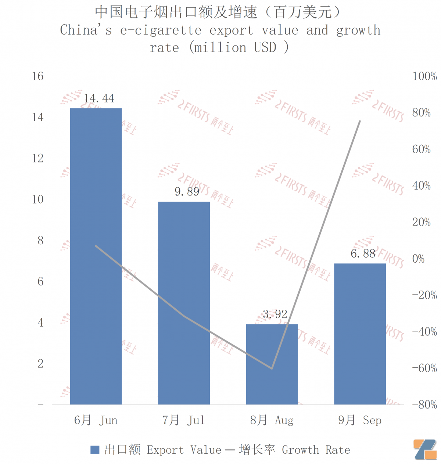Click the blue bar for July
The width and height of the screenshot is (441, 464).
point(184,303)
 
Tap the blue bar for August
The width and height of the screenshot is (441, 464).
point(272,364)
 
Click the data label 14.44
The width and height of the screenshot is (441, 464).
point(99,98)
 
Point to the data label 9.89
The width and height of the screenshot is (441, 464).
point(187,192)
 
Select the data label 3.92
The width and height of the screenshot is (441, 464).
point(275,314)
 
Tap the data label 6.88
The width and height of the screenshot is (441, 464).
point(363,254)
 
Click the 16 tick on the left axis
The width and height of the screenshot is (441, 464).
point(37,76)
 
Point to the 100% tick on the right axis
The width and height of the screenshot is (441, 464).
point(424,76)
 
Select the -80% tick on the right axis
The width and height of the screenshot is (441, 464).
point(424,405)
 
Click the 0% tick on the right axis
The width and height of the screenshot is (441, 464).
point(419,259)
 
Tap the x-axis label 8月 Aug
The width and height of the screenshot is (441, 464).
point(272,420)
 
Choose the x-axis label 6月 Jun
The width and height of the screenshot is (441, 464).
point(96,420)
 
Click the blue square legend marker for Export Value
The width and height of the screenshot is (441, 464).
point(95,450)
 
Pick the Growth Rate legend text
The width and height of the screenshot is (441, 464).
point(316,450)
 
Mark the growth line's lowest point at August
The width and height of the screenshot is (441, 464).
point(272,368)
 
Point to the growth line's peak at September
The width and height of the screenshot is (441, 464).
point(360,121)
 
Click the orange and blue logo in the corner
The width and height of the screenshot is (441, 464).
point(425,449)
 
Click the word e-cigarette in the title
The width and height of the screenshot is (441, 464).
point(161,30)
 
